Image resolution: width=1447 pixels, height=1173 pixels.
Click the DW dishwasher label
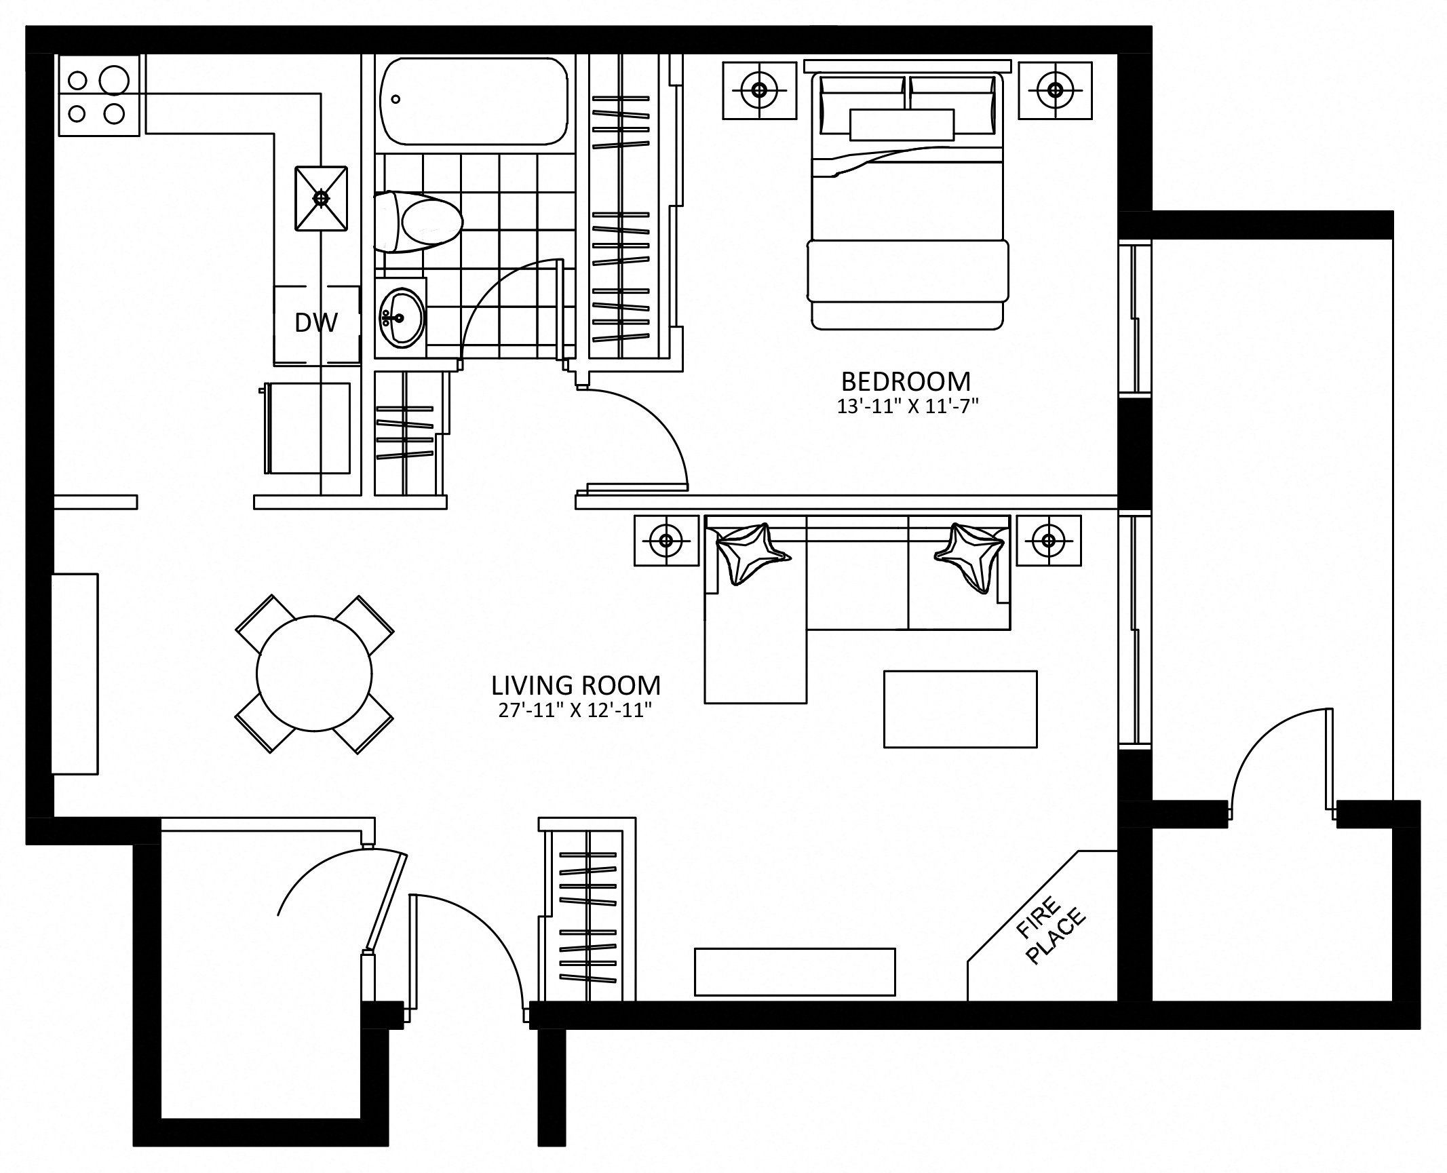tap(316, 323)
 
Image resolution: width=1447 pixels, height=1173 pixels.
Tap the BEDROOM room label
tap(906, 381)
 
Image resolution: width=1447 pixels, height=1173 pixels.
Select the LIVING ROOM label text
tap(576, 685)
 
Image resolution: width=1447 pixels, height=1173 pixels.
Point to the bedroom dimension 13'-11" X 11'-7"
tap(908, 406)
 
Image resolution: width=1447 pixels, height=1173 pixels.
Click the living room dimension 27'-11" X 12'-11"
tap(575, 710)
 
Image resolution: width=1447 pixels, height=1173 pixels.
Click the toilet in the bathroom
tap(419, 221)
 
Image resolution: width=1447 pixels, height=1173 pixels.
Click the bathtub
tap(474, 100)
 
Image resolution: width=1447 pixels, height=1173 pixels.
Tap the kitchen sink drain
tap(322, 198)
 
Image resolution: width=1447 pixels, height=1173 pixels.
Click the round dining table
tap(315, 673)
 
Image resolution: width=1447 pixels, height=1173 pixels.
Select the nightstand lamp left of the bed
tap(759, 90)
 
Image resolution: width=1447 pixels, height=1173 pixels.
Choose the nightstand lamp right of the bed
tap(1055, 90)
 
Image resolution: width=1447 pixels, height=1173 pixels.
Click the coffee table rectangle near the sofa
tap(961, 709)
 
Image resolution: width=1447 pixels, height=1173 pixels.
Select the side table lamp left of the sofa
tap(666, 540)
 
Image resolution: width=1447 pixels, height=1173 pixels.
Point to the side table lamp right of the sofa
tap(1049, 540)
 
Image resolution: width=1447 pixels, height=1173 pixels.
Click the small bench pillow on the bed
tap(902, 125)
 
